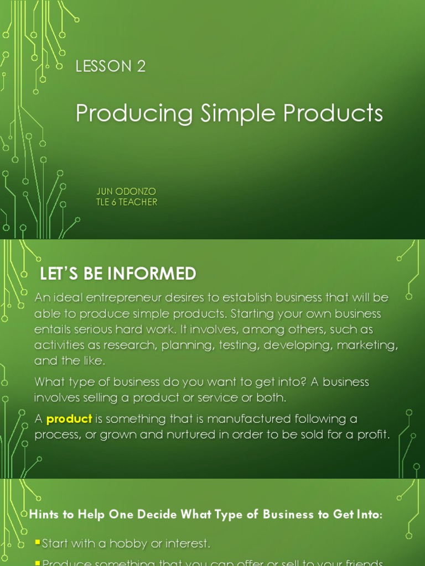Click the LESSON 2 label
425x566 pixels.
click(x=110, y=67)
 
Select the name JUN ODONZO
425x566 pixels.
click(x=126, y=191)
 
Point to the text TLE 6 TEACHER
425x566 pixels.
click(x=126, y=202)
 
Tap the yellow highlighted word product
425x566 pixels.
click(x=69, y=418)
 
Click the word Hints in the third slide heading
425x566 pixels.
click(x=45, y=515)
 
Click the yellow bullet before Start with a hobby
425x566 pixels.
click(x=38, y=543)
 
